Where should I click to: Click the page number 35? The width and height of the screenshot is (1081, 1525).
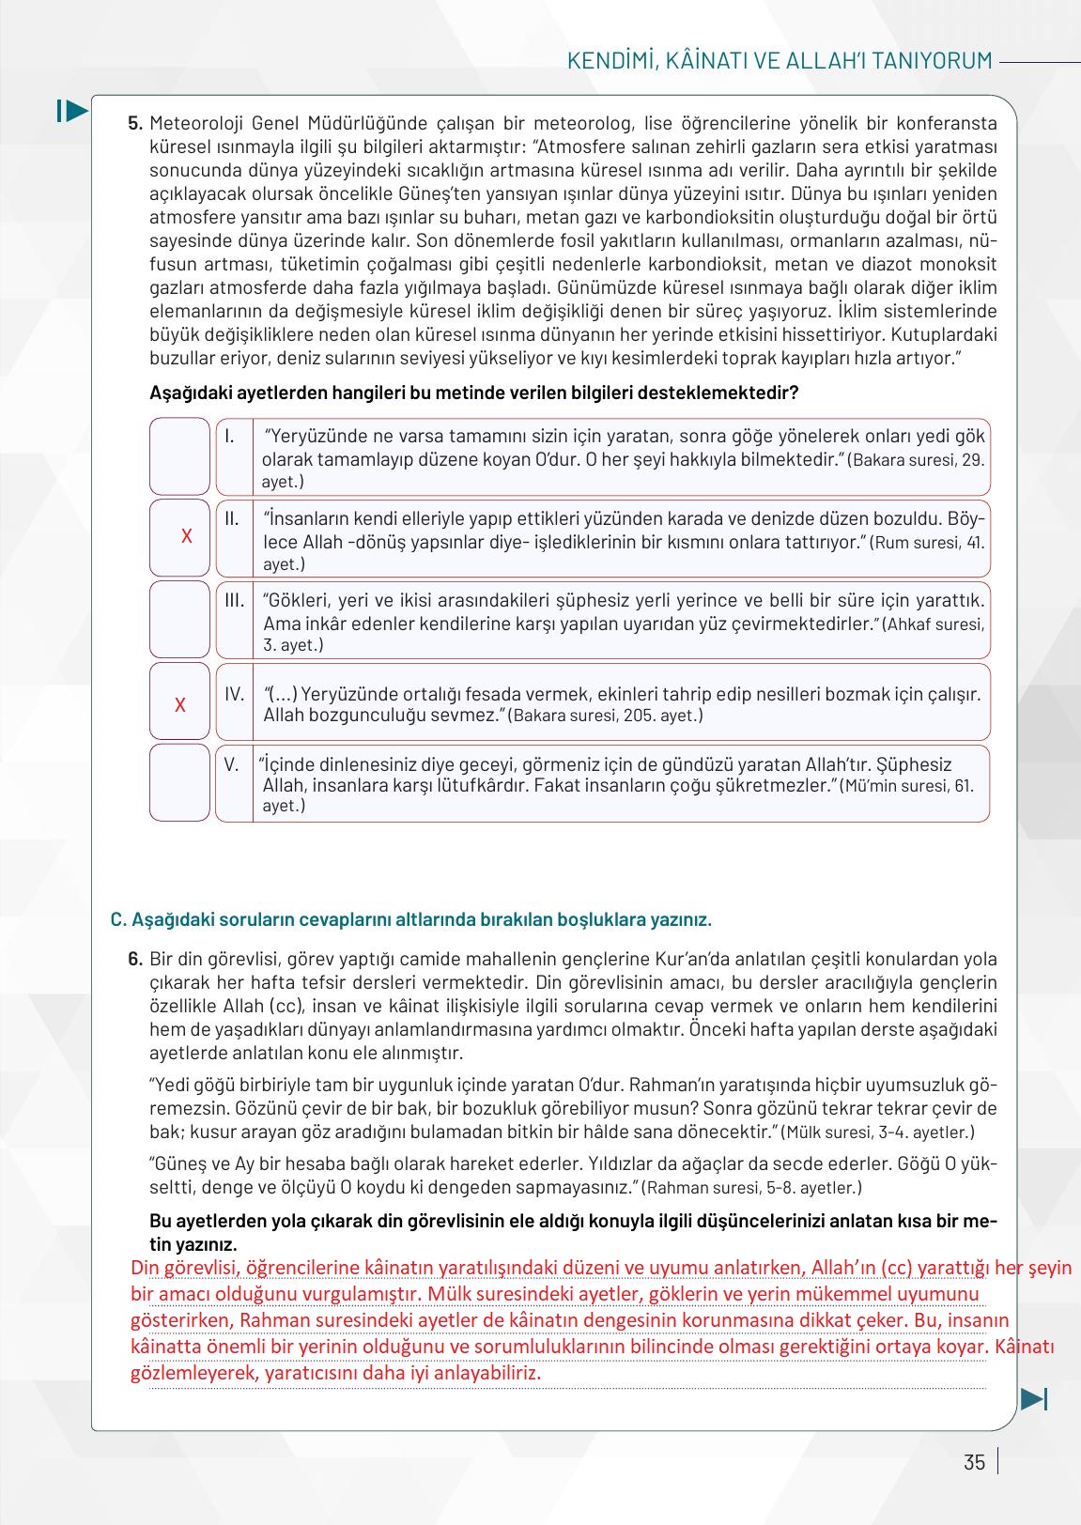coord(974,1462)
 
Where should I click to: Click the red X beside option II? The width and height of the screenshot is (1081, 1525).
coord(186,536)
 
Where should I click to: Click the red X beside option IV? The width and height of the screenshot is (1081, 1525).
coord(180,704)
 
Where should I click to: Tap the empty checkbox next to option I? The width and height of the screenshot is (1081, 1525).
coord(179,456)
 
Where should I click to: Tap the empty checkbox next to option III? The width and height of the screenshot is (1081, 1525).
coord(179,620)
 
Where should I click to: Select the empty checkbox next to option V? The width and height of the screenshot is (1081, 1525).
coord(179,783)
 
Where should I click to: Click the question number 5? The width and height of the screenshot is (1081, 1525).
coord(135,123)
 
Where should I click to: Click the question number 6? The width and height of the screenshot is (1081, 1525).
coord(135,959)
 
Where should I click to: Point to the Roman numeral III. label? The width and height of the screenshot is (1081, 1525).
coord(234,600)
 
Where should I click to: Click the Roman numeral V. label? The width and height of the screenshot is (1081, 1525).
coord(232,763)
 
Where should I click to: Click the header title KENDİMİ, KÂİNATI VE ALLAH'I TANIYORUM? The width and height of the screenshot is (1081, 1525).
coord(780,61)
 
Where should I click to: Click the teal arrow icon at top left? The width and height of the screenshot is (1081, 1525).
coord(72,111)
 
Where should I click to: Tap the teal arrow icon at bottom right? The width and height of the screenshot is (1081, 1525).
coord(1033,1399)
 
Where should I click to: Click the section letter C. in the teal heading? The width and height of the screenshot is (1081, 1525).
coord(118,919)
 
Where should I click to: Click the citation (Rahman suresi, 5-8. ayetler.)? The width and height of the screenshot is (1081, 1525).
coord(751,1188)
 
